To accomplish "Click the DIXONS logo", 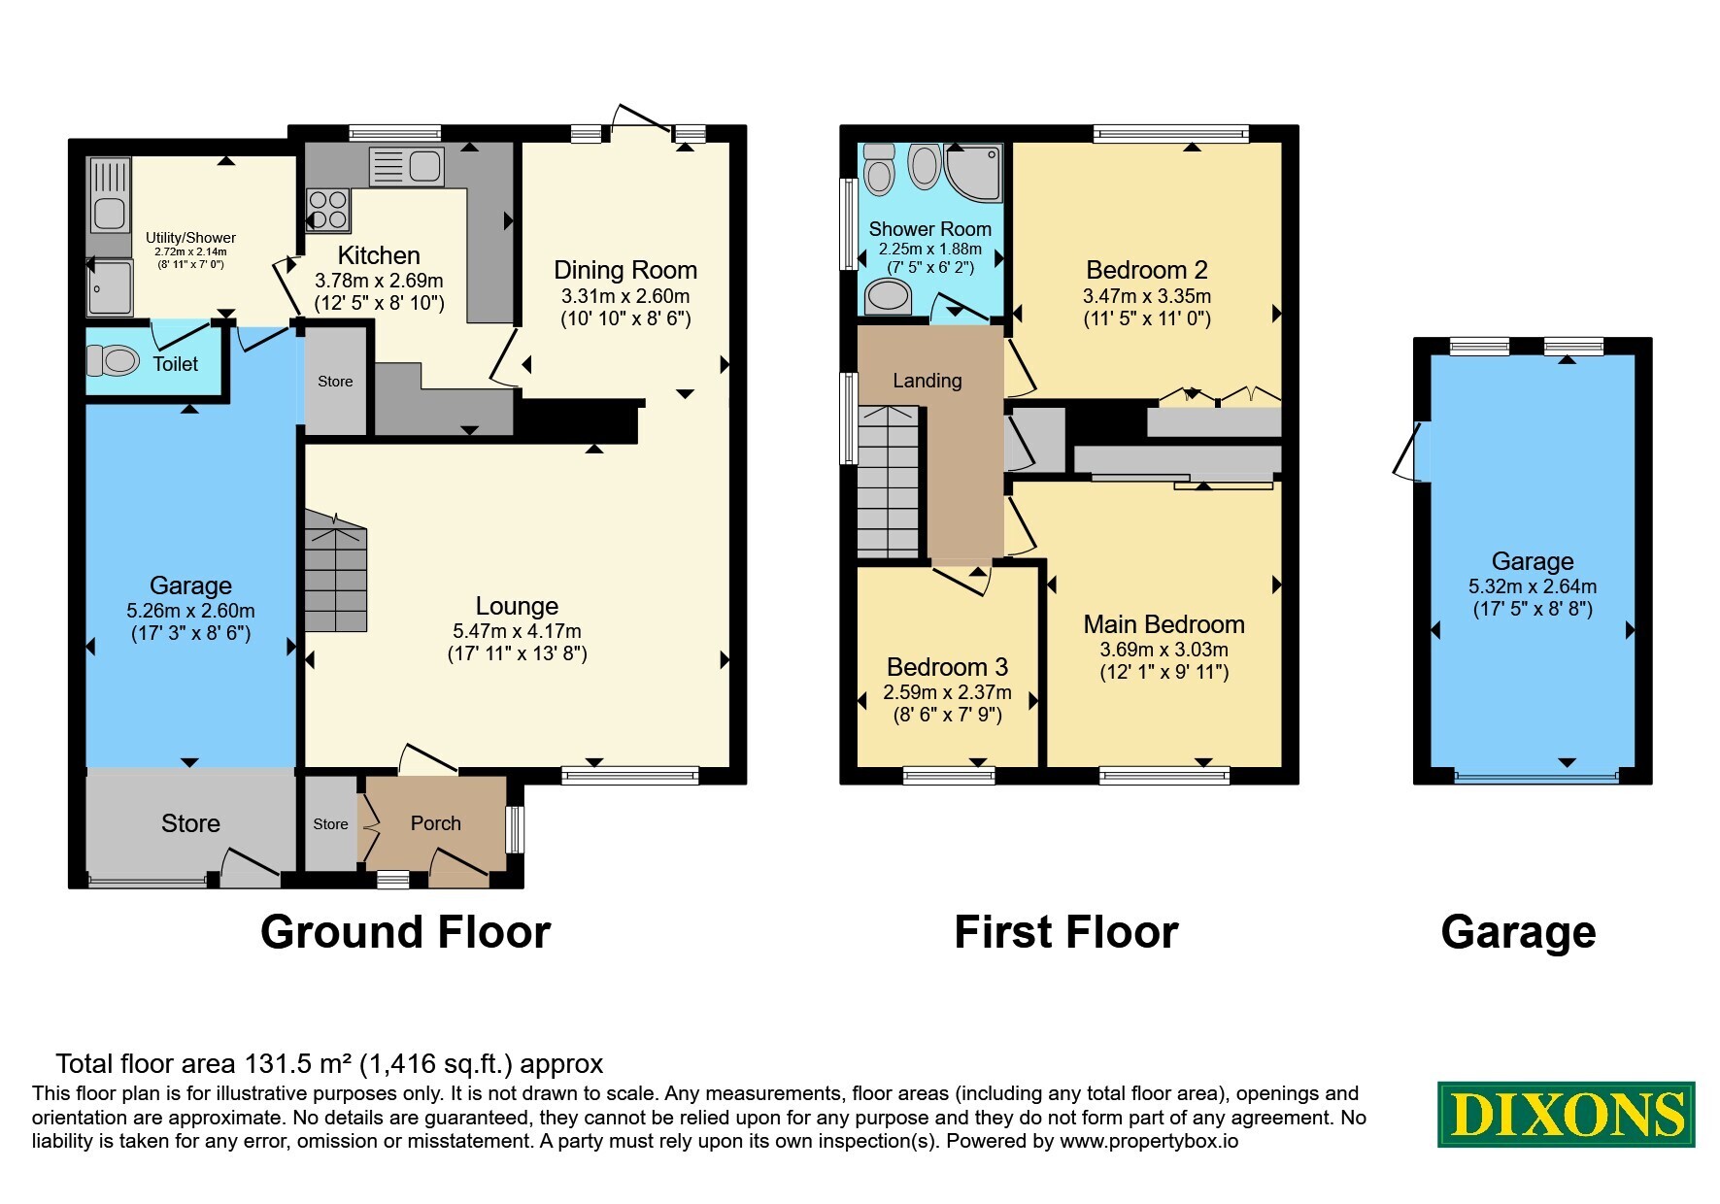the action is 1566,1115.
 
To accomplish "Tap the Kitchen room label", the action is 379,255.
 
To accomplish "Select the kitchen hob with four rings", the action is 328,211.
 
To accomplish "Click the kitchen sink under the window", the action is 407,166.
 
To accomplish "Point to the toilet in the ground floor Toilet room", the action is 114,361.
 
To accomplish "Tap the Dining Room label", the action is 625,270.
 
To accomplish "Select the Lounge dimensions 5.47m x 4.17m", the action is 517,631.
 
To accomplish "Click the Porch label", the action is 436,823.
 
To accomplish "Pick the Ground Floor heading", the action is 405,932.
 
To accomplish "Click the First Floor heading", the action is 1065,932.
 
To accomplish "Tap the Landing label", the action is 927,381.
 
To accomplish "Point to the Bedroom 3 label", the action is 947,667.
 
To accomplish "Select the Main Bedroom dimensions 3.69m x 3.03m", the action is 1164,650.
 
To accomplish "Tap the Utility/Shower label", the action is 190,238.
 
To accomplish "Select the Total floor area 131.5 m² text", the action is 329,1064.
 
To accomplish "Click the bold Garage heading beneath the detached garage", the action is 1518,932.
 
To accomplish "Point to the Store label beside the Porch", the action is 330,824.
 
